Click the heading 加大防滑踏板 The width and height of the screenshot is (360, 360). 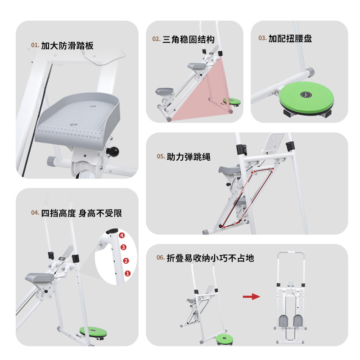pos(67,45)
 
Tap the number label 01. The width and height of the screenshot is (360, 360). pos(35,45)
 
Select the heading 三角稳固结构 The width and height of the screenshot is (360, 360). pos(188,39)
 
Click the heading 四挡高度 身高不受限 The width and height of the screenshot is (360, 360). pos(81,213)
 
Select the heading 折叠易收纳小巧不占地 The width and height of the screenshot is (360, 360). pos(210,258)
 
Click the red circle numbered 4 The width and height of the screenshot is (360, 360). pos(121,235)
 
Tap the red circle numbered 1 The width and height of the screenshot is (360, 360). pos(127,273)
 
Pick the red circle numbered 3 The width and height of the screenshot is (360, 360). pos(123,247)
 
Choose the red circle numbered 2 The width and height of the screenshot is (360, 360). pos(126,261)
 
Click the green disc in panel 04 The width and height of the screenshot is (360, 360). pos(93,332)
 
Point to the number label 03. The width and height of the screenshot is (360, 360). pos(262,39)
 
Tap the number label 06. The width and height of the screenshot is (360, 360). pos(160,258)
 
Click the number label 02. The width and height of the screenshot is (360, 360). pos(156,39)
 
